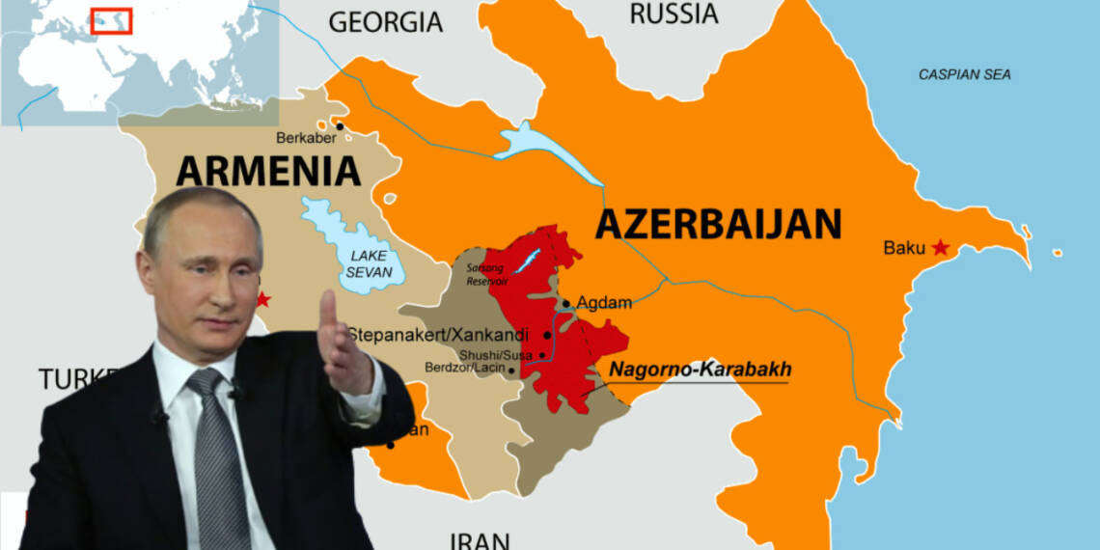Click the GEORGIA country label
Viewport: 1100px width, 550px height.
385,21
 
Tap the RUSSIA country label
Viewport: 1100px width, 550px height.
674,14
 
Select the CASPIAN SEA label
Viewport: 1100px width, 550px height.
964,74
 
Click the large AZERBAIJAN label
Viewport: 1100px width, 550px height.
718,224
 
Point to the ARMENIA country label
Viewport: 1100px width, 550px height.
268,171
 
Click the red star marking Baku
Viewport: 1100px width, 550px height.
940,248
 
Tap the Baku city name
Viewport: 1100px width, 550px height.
904,248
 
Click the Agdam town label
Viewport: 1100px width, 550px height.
604,303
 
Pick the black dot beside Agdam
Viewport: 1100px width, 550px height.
566,303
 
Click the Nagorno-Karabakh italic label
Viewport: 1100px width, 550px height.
700,369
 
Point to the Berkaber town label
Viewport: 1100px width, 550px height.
303,137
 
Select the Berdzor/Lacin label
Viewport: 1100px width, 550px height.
464,369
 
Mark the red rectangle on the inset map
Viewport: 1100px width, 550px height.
111,20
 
